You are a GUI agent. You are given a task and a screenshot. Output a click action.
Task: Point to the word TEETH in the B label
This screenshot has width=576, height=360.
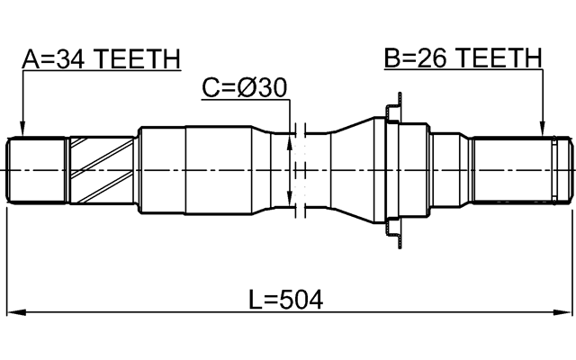[499, 59]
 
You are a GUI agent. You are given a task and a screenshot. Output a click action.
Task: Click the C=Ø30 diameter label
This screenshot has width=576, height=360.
[244, 88]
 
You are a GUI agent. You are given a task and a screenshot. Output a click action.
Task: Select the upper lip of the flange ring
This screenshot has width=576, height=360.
[392, 111]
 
